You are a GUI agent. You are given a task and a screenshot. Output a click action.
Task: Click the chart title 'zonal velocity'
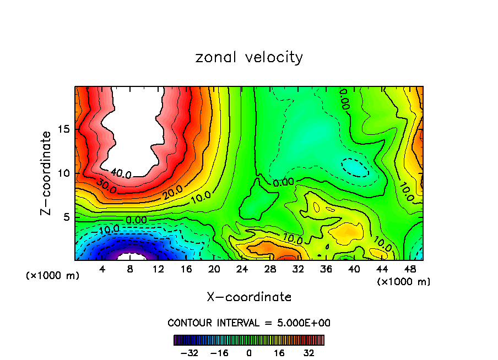[249, 57]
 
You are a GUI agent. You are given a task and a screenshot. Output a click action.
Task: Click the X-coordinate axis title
[249, 297]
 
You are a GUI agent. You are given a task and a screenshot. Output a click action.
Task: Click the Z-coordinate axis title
[47, 173]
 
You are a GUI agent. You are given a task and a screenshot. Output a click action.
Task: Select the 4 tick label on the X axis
[102, 269]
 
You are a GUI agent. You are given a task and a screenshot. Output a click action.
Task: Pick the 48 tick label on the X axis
[410, 269]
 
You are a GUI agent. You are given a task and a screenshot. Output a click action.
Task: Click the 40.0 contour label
[120, 173]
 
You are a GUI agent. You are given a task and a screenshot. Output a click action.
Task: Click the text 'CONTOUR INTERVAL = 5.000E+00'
[249, 323]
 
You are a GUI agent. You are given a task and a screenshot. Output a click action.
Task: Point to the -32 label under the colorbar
[189, 353]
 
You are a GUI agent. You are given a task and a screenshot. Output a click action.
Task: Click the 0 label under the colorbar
[249, 353]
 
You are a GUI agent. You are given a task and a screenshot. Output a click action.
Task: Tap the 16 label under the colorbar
[279, 353]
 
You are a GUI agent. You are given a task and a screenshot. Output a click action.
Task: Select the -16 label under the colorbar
[219, 353]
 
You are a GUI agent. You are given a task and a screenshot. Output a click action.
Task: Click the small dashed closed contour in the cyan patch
[354, 167]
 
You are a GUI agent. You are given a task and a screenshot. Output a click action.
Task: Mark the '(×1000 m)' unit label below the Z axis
[53, 276]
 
